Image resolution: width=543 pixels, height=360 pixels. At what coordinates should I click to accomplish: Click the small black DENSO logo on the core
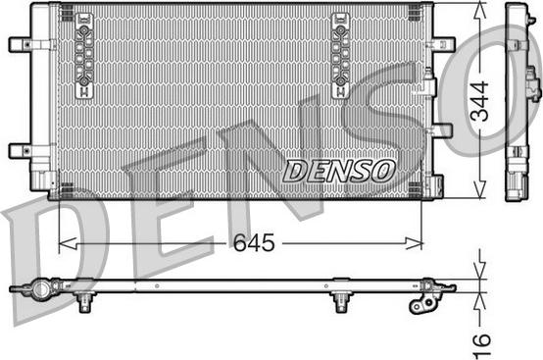pos(339,170)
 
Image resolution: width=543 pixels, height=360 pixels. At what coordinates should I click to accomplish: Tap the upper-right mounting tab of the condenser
pos(443,44)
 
